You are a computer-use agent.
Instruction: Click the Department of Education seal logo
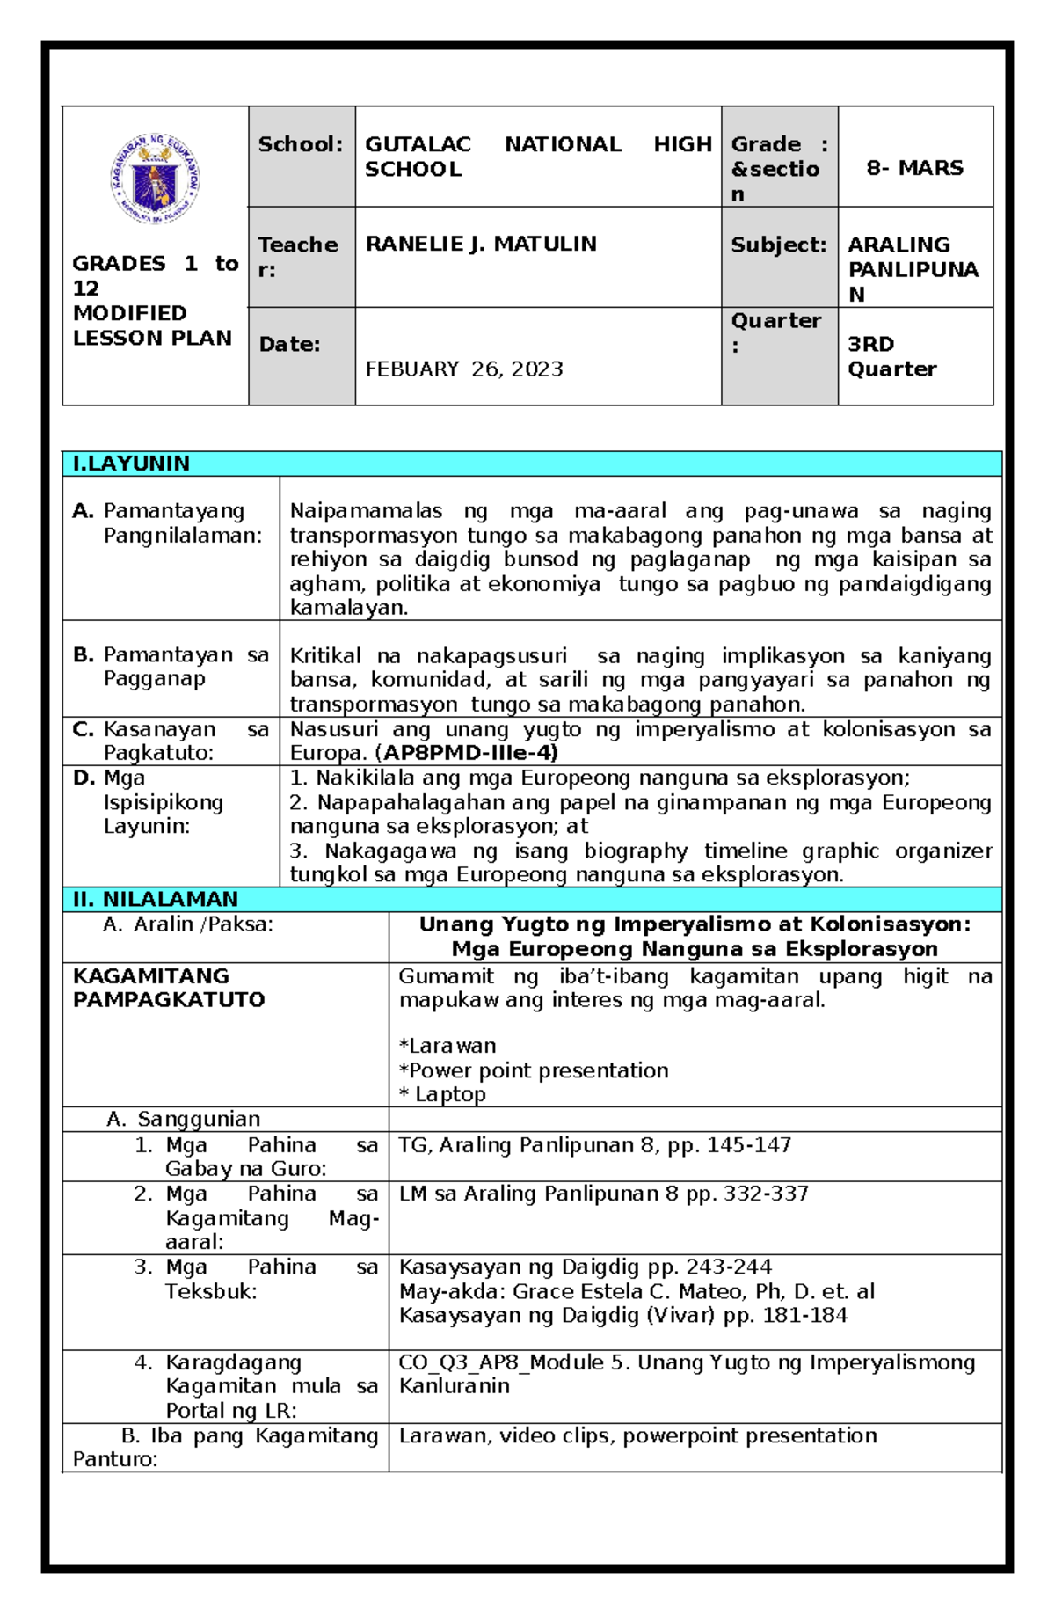(155, 179)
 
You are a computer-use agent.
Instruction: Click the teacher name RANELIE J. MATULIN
(481, 244)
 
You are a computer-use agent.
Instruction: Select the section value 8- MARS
(914, 167)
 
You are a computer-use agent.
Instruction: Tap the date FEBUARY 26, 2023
(464, 369)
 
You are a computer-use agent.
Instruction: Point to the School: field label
(300, 144)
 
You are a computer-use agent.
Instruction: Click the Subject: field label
(778, 245)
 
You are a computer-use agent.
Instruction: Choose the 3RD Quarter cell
(891, 356)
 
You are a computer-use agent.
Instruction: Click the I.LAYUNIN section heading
(132, 464)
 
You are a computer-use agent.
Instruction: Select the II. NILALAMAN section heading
(156, 899)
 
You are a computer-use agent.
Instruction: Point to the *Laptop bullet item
(442, 1094)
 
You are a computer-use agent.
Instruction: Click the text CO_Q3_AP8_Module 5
(514, 1362)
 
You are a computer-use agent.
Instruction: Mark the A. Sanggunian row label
(184, 1119)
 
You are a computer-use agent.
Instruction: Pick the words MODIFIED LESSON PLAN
(151, 325)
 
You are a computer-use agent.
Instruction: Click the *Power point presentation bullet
(534, 1070)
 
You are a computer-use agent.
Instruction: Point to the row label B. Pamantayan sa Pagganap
(171, 666)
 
